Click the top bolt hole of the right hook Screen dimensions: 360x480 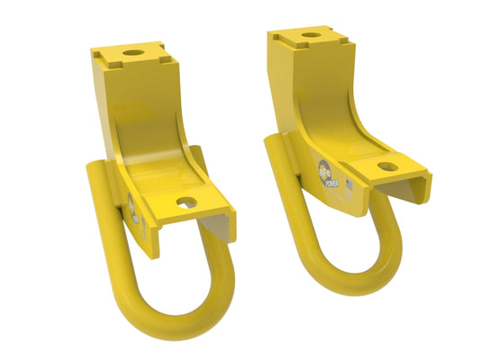point(312,35)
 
